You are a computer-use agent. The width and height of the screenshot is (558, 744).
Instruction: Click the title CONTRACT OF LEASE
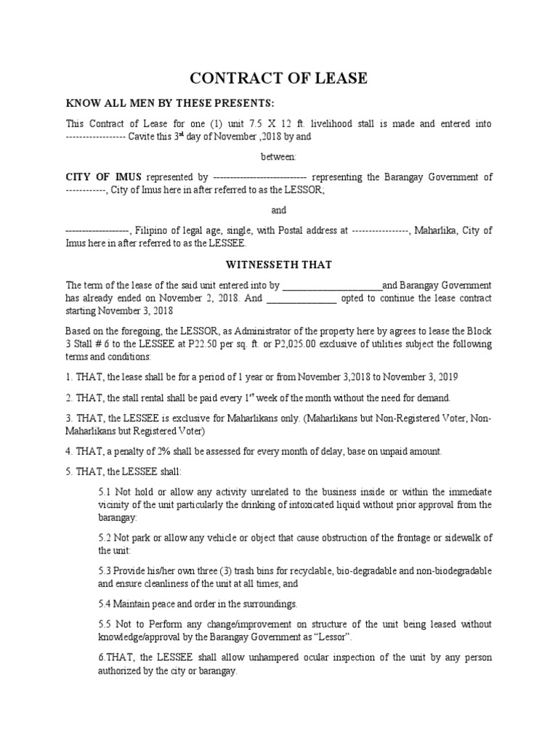279,78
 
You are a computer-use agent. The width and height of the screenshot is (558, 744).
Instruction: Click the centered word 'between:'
279,156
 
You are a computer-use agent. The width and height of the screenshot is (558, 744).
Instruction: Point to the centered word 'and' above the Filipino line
279,210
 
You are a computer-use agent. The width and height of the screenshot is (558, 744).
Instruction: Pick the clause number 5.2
105,538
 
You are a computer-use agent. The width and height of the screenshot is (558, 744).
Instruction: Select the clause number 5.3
105,571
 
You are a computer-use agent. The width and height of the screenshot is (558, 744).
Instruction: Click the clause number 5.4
105,604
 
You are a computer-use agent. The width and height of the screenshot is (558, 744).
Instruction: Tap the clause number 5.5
105,624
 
